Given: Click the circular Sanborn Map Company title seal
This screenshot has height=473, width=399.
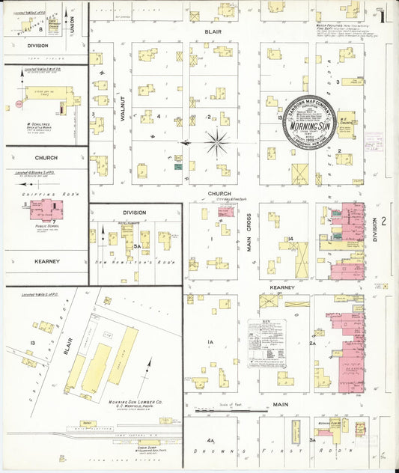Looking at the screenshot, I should point(308,122).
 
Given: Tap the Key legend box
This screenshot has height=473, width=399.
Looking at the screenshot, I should point(266,343).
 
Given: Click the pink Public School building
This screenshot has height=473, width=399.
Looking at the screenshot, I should point(45,210).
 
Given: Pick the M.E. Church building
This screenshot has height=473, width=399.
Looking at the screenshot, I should point(345,123).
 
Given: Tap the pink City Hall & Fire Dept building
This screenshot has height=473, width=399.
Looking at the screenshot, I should point(225,211).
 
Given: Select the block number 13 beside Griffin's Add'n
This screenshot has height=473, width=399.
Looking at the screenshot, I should point(33,343).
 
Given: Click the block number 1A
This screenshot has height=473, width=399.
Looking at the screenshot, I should point(211,343).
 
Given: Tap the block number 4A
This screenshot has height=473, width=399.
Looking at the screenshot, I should point(211,441).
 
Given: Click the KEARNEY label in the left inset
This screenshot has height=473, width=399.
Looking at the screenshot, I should point(46,261).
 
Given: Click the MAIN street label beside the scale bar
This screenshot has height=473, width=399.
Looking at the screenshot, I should point(280,404).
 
